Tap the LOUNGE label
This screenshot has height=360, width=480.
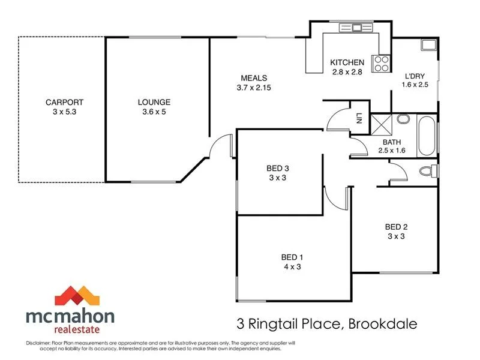pyautogui.click(x=154, y=103)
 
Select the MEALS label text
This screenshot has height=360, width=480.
pyautogui.click(x=254, y=78)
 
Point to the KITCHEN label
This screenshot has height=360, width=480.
pyautogui.click(x=347, y=62)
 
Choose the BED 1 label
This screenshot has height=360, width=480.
pyautogui.click(x=292, y=257)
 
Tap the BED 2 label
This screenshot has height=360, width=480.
pyautogui.click(x=396, y=227)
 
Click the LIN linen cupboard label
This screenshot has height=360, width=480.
pyautogui.click(x=359, y=118)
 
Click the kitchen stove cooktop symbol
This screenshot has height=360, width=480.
pyautogui.click(x=380, y=63)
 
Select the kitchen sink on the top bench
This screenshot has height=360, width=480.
pyautogui.click(x=356, y=27)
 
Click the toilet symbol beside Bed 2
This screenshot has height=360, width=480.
pyautogui.click(x=428, y=171)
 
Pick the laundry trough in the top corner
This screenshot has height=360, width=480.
pyautogui.click(x=428, y=44)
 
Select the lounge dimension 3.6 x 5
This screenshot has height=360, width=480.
pyautogui.click(x=154, y=112)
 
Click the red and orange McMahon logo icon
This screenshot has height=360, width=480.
pyautogui.click(x=76, y=296)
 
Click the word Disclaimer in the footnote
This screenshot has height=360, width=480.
pyautogui.click(x=39, y=343)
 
